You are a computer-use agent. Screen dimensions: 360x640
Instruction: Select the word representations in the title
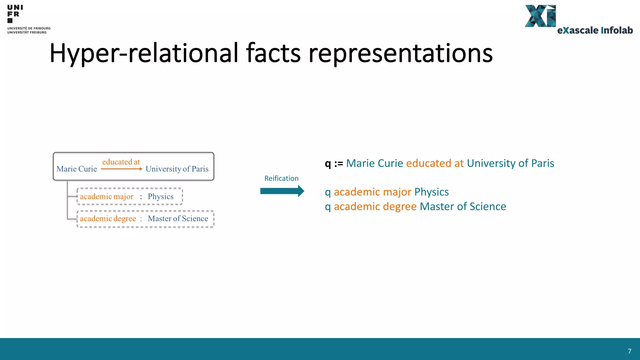point(401,54)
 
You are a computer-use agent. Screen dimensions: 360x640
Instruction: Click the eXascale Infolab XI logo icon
point(540,16)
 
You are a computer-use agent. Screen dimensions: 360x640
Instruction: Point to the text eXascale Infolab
point(595,30)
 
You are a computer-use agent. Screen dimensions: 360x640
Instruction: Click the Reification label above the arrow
point(281,178)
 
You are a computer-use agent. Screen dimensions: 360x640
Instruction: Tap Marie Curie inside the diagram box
point(77,169)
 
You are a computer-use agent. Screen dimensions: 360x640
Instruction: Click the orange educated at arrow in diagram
point(121,169)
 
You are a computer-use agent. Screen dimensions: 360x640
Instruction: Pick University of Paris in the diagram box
point(177,169)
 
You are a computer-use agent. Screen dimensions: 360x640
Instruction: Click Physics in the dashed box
point(161,197)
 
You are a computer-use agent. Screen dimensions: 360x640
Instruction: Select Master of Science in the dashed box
point(178,218)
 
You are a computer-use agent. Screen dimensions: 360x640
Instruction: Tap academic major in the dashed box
point(107,197)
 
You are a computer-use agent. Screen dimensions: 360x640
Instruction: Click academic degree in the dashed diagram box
point(108,218)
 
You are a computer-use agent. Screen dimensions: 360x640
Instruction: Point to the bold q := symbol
point(334,163)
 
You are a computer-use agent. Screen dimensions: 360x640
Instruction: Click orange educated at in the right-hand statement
point(435,163)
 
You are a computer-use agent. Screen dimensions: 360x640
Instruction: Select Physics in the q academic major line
point(432,192)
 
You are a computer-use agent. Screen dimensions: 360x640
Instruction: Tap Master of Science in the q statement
point(463,207)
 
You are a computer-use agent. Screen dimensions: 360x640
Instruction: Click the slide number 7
point(629,351)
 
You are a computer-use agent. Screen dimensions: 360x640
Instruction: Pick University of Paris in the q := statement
point(510,163)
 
